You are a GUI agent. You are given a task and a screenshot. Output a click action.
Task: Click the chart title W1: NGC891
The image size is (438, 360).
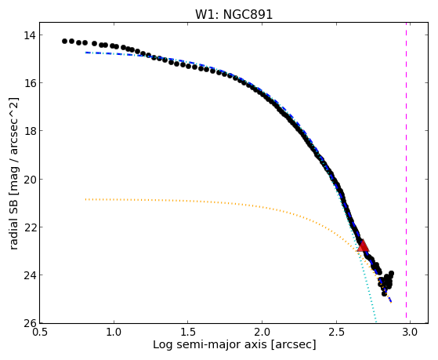[233, 15]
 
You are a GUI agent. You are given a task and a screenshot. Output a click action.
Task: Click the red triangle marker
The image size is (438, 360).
[363, 245]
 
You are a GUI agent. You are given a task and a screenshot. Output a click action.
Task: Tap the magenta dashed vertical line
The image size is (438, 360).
[406, 173]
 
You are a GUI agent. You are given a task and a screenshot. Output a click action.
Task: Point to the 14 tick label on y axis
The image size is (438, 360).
[30, 35]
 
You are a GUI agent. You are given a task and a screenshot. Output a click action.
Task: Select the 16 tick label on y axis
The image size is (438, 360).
[30, 83]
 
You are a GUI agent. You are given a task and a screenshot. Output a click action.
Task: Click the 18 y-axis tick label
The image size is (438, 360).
[30, 131]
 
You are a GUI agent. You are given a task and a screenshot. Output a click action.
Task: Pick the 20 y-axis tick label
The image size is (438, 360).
[30, 179]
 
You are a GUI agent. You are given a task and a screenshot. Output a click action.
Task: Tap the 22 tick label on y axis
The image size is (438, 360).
[30, 227]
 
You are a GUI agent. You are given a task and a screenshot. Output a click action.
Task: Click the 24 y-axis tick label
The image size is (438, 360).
[30, 275]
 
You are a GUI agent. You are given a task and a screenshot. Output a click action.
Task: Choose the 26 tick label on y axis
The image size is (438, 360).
[30, 323]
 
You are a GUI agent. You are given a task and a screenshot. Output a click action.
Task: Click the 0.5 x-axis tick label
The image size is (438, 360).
[40, 333]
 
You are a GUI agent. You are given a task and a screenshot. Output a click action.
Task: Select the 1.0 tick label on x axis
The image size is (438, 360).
[114, 333]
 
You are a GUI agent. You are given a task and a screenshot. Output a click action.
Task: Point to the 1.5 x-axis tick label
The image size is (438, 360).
[188, 333]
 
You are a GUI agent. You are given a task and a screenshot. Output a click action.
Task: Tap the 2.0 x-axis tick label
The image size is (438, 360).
[262, 333]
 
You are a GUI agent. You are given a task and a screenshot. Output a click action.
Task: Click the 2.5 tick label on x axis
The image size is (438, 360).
[336, 333]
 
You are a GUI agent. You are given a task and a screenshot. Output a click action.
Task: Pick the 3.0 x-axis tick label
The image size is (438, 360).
[410, 333]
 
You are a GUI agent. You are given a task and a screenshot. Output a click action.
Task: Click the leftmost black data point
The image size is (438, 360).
[64, 41]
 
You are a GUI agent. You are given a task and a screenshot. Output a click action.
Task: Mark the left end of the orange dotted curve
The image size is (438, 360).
[85, 199]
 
